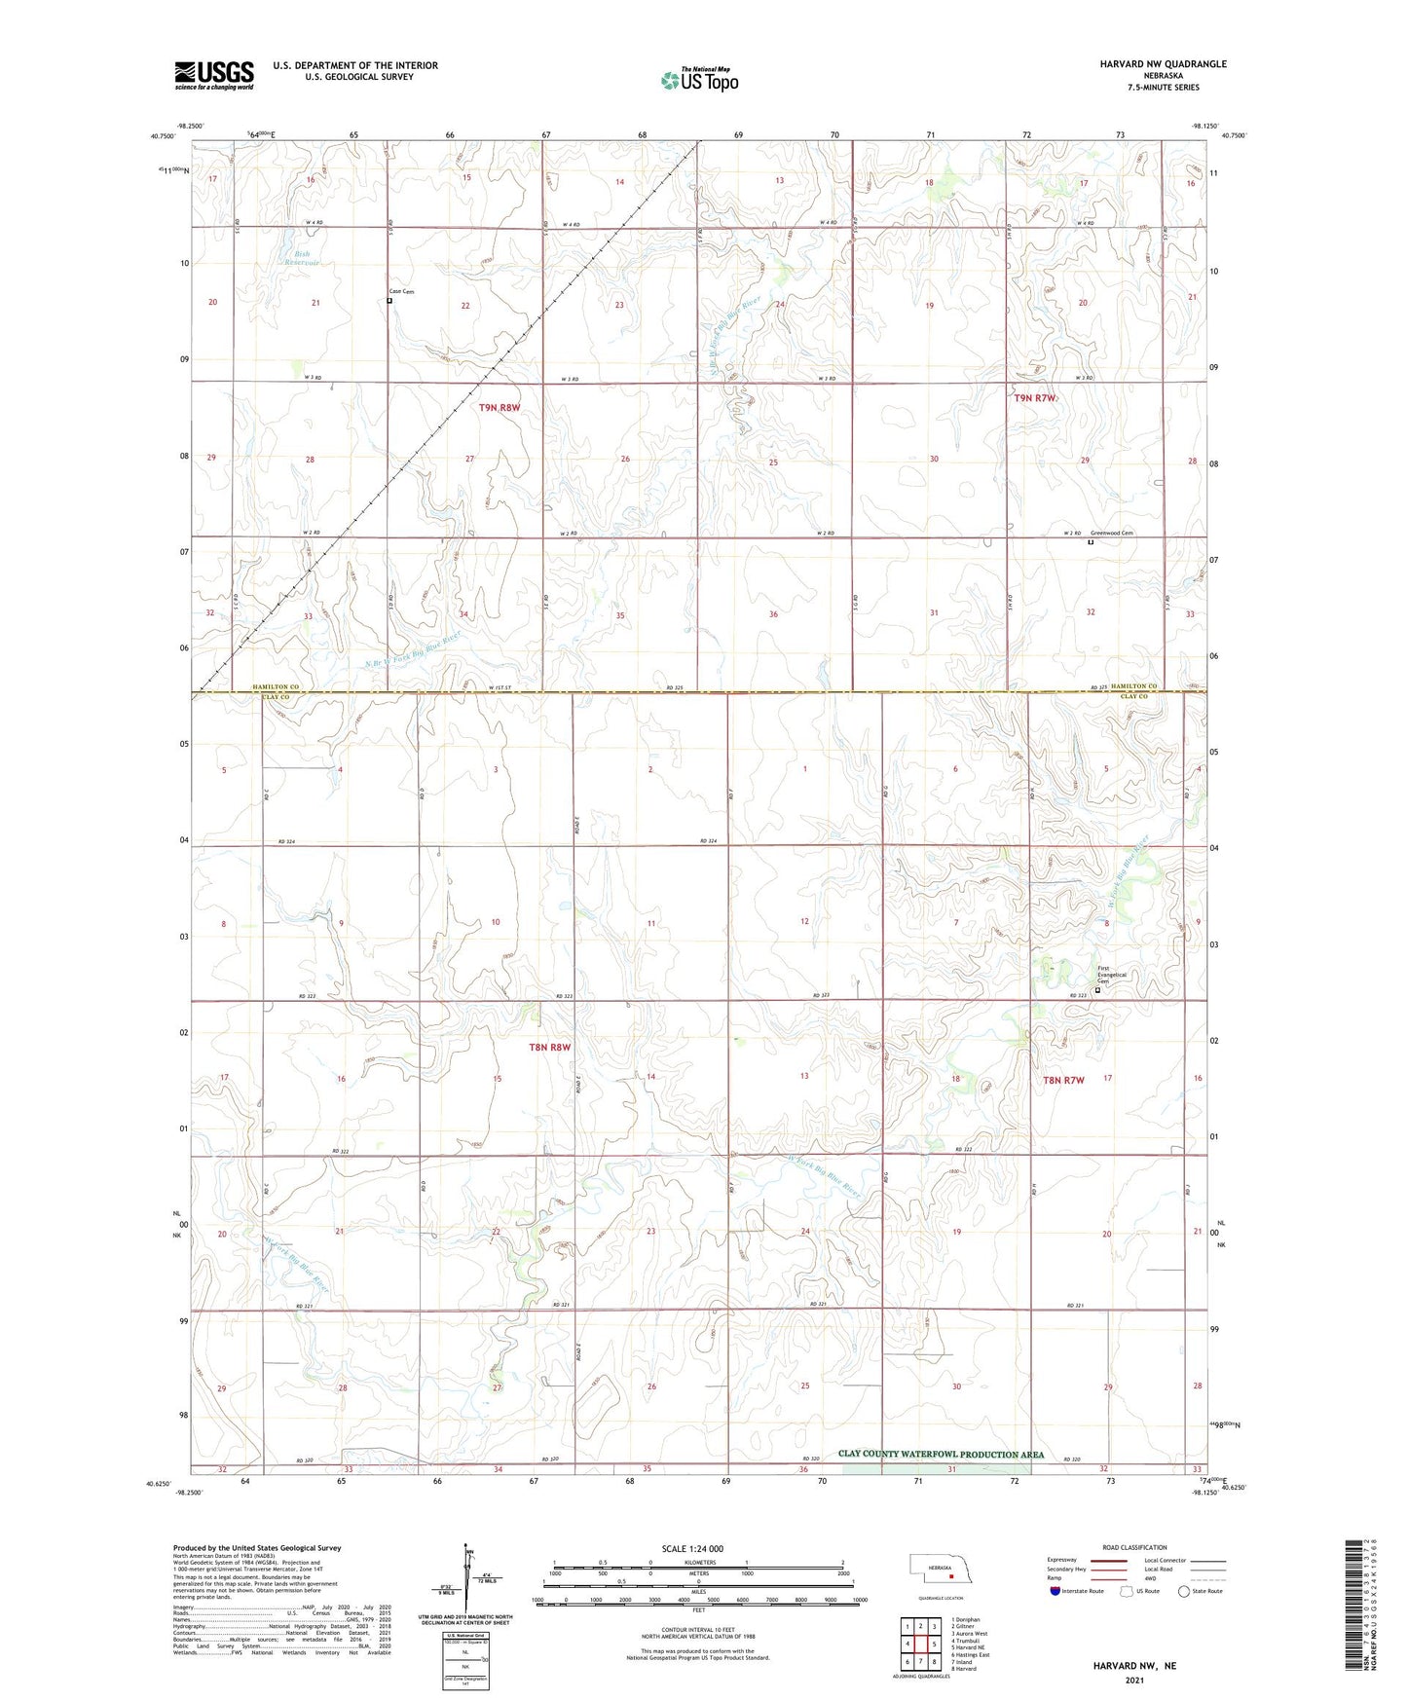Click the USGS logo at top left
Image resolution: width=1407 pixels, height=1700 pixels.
click(x=214, y=75)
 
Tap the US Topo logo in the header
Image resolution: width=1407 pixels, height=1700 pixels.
click(x=699, y=80)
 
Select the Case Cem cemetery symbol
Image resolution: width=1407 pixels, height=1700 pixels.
click(x=389, y=301)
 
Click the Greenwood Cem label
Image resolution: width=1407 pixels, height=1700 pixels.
click(x=1111, y=533)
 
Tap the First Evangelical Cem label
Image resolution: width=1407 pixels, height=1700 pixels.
click(x=1111, y=975)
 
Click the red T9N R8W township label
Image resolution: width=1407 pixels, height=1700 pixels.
click(x=499, y=408)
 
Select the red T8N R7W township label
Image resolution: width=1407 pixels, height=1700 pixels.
click(x=1063, y=1080)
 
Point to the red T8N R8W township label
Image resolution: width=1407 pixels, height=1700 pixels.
click(x=549, y=1048)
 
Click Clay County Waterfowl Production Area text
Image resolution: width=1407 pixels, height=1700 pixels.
click(x=941, y=1455)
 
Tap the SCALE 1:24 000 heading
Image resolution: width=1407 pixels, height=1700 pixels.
click(x=692, y=1549)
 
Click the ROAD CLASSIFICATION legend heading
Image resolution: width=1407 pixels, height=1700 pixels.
click(x=1134, y=1547)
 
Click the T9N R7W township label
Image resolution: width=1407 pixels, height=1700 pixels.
click(x=1034, y=398)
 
